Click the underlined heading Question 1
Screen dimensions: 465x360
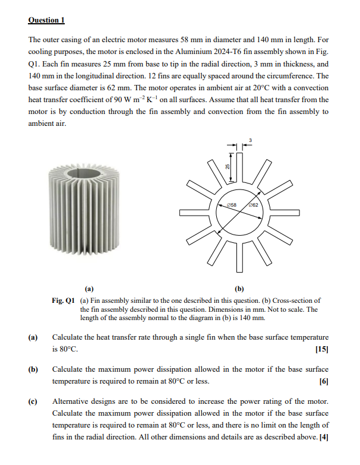pyautogui.click(x=46, y=20)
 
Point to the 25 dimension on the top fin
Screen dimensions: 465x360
pyautogui.click(x=227, y=168)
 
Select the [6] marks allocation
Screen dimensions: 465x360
pyautogui.click(x=324, y=381)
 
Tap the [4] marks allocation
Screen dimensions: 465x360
pyautogui.click(x=324, y=438)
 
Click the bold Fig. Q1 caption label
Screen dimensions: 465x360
pyautogui.click(x=64, y=300)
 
